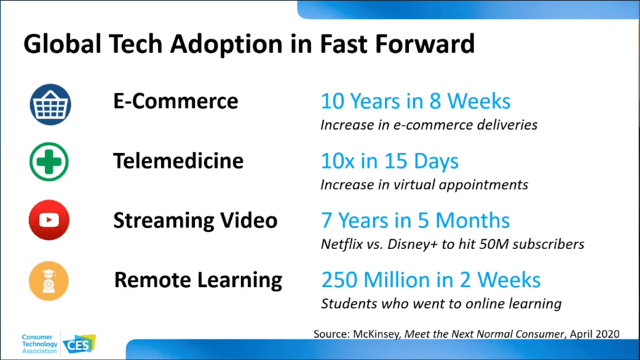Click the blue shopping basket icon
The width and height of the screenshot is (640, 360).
[50, 105]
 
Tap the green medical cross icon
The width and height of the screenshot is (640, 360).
[49, 162]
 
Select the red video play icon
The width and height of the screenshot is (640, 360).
[49, 220]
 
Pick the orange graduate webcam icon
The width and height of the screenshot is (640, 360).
[48, 281]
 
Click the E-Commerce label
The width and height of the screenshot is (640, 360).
[175, 101]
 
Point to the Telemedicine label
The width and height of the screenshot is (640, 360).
[179, 161]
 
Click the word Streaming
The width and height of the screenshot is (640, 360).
[164, 221]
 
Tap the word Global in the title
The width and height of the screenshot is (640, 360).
[62, 44]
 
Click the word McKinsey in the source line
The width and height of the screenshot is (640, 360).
[376, 334]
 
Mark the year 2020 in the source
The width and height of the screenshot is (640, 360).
[607, 334]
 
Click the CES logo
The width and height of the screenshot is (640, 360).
[79, 344]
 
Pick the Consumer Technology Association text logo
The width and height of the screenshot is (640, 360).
[40, 344]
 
